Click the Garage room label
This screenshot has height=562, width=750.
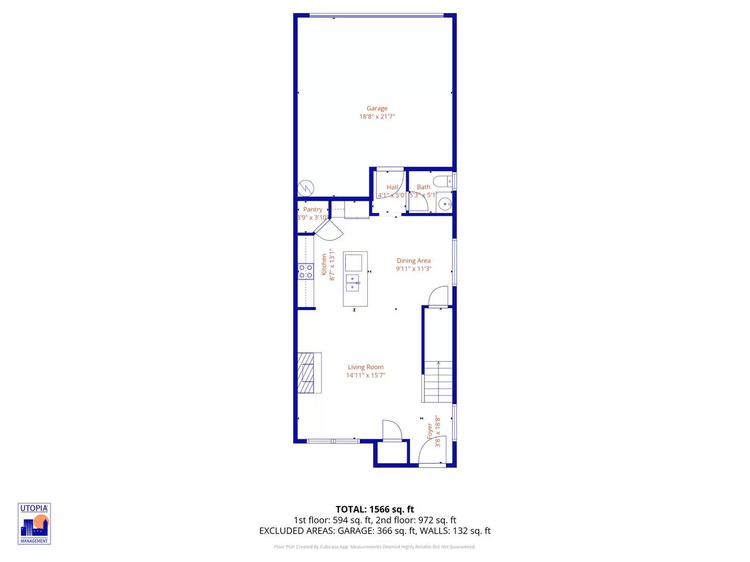coord(377,108)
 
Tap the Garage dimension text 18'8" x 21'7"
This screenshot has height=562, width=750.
coord(377,117)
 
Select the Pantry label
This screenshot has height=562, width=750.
coord(312,209)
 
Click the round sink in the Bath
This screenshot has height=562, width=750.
coord(444,204)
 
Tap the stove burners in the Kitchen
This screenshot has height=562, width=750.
coord(306,271)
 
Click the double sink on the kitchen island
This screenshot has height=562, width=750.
coord(353,283)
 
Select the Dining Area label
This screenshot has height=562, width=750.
coord(414,261)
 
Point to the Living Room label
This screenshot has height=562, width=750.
coord(366,367)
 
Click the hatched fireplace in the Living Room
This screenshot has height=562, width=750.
coord(307,373)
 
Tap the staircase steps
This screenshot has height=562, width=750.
coord(438,382)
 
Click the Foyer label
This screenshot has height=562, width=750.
coord(430,431)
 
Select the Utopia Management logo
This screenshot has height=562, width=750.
coord(34,523)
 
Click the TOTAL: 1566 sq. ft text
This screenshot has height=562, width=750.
coord(375,509)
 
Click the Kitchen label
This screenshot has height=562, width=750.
coord(324,264)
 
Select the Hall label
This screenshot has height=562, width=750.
coord(392,187)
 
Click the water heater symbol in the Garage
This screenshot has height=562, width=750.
coord(306,188)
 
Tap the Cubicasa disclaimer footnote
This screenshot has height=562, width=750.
coord(375,547)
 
